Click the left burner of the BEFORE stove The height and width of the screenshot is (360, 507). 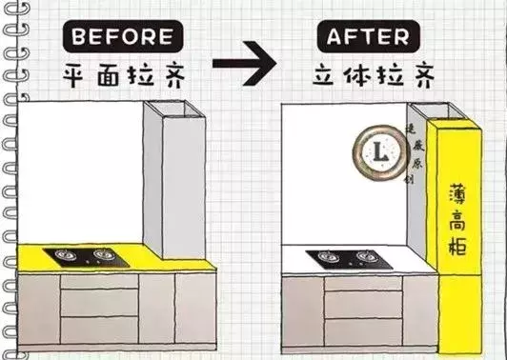[x=70, y=255]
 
